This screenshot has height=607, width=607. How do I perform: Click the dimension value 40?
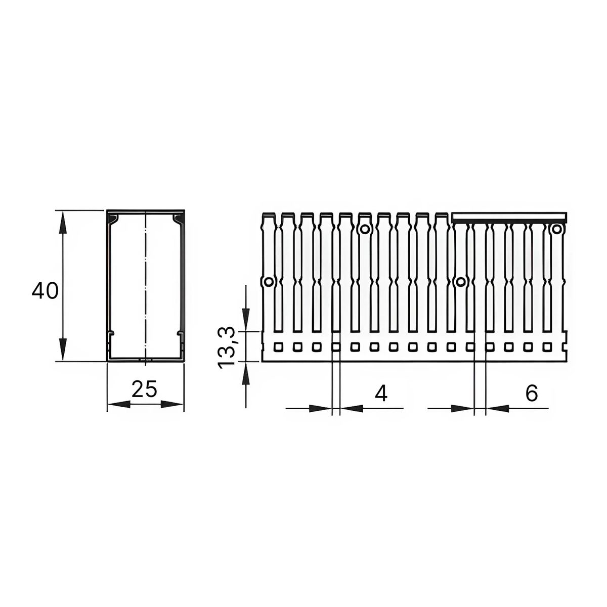(x=45, y=291)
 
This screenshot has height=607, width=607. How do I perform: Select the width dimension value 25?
(x=145, y=389)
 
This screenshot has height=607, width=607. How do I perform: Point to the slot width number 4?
(x=381, y=394)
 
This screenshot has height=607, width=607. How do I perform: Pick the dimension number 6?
(x=532, y=393)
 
